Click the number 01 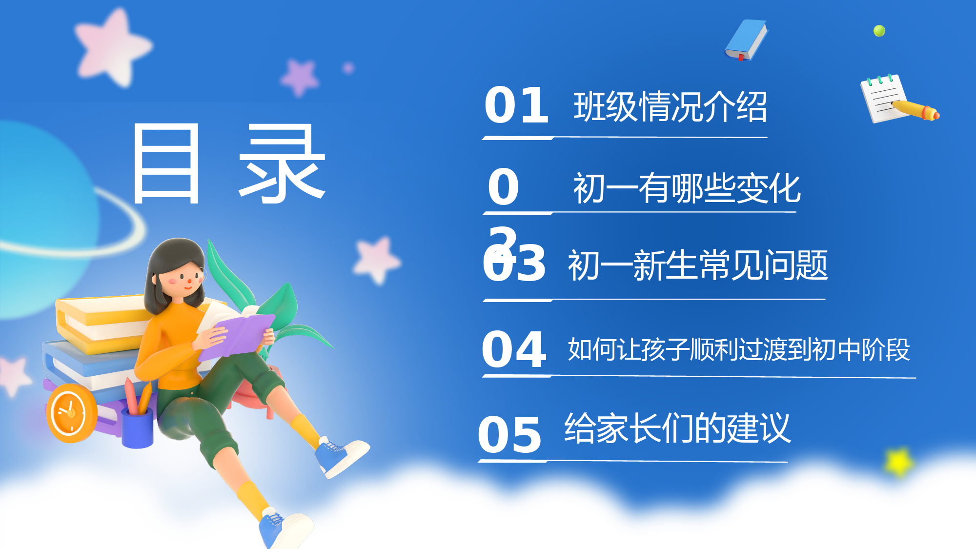point(516,105)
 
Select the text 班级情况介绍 point(670,106)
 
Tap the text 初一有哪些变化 point(687,188)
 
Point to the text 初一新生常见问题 point(698,265)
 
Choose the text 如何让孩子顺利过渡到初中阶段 point(739,349)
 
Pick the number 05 point(509,434)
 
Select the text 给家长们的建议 point(677,428)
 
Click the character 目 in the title point(166,163)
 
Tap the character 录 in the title point(282,163)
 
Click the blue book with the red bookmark point(746,40)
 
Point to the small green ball point(879,31)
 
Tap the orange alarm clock point(71,413)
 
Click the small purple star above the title point(300,77)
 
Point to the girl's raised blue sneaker point(341,457)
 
